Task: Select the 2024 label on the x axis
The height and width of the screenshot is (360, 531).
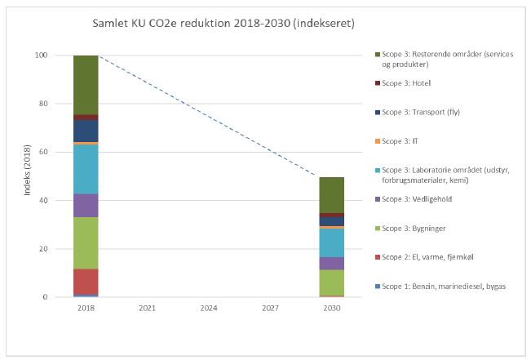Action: (209, 309)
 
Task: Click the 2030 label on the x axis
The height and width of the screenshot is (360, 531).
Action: (331, 309)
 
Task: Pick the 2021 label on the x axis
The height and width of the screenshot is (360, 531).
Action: (147, 309)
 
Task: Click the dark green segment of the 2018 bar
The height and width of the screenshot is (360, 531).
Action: (86, 85)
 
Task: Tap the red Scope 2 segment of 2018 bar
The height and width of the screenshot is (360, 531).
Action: (86, 281)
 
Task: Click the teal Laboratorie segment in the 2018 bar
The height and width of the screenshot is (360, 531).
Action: (86, 169)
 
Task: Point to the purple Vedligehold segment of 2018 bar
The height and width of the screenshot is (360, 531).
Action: (86, 205)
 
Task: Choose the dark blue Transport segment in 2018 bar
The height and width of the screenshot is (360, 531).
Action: (86, 131)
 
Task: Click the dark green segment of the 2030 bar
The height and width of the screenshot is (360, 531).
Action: (331, 195)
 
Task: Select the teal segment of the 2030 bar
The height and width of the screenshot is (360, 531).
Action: (331, 243)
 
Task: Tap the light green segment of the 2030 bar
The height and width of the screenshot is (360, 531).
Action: (331, 282)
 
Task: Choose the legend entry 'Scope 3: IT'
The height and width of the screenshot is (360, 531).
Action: (400, 141)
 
